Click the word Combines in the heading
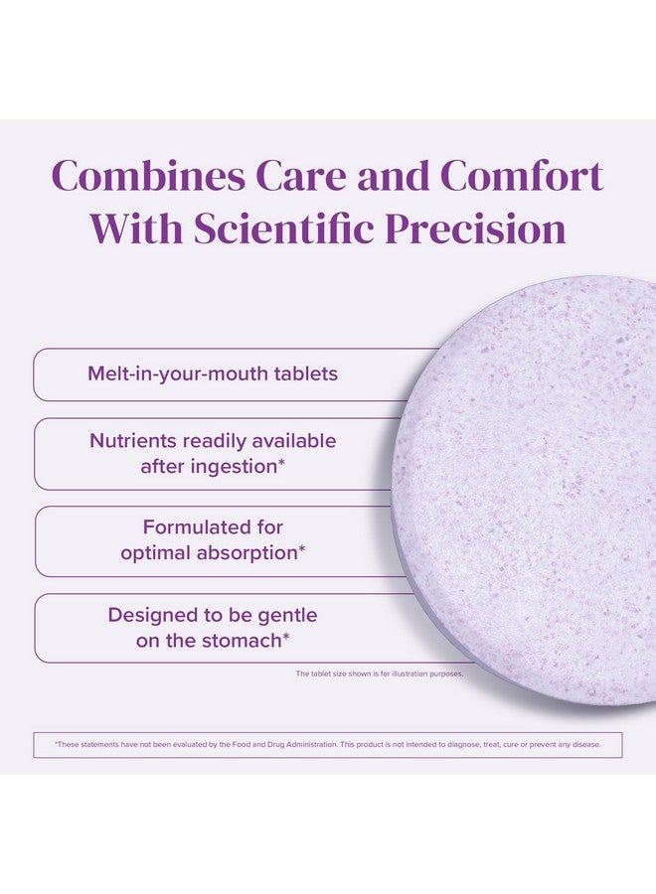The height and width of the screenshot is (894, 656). click(148, 175)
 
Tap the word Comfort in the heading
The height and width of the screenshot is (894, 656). click(522, 175)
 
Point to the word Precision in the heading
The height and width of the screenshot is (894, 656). click(474, 228)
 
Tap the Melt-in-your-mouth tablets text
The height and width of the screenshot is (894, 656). click(213, 374)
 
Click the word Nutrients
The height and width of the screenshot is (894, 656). click(133, 441)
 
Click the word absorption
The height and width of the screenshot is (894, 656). click(247, 553)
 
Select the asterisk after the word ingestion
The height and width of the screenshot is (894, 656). click(281, 461)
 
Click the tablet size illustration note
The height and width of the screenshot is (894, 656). click(380, 673)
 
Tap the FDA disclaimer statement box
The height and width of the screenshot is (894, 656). click(328, 745)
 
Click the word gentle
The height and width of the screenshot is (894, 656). click(288, 616)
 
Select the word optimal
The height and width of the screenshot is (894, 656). click(155, 553)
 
